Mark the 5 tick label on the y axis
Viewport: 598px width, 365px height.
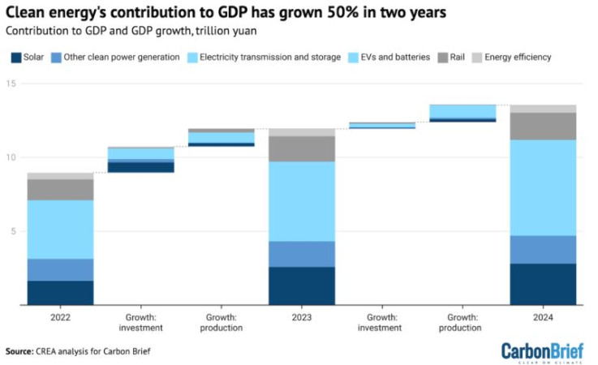pyautogui.click(x=11, y=232)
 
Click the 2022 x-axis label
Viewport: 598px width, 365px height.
pyautogui.click(x=59, y=316)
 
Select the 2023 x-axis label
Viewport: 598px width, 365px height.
pyautogui.click(x=301, y=316)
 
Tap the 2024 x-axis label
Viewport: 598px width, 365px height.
pyautogui.click(x=543, y=316)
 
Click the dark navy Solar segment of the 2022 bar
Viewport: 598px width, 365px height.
pyautogui.click(x=59, y=293)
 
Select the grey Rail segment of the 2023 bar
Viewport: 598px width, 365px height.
pyautogui.click(x=301, y=148)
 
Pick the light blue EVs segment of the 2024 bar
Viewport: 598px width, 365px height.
pyautogui.click(x=543, y=187)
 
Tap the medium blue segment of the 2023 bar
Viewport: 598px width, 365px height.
pyautogui.click(x=301, y=254)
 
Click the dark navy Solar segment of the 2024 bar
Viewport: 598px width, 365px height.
pyautogui.click(x=543, y=284)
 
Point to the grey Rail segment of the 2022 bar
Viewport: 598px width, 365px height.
pyautogui.click(x=59, y=189)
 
